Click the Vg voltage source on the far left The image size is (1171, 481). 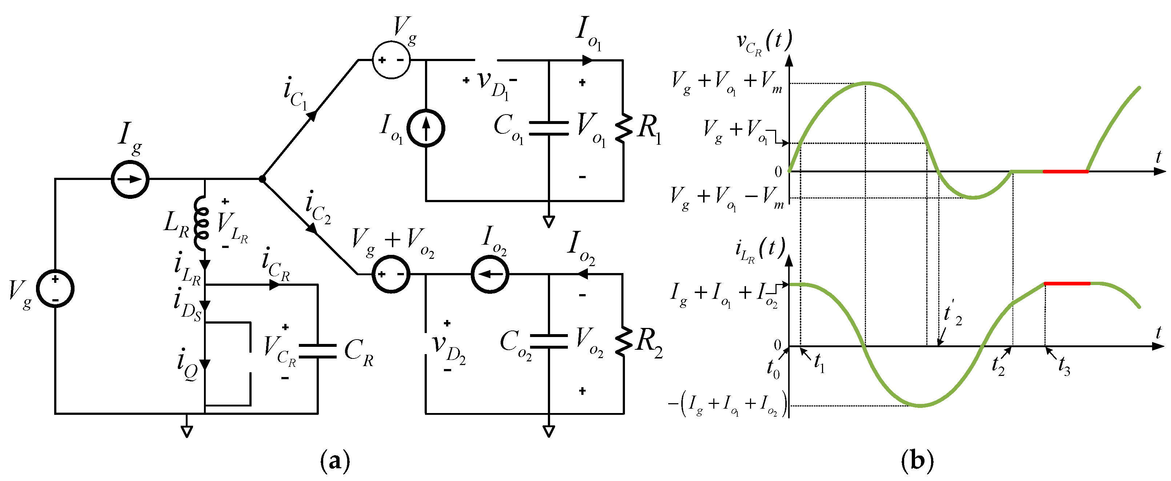click(55, 289)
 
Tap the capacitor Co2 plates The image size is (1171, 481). click(549, 341)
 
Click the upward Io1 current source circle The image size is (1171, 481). click(425, 128)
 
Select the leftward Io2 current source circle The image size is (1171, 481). click(490, 274)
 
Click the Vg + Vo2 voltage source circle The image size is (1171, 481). click(391, 274)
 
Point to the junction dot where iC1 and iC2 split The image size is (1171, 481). click(262, 179)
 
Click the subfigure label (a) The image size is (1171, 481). click(336, 461)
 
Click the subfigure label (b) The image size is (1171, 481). click(917, 461)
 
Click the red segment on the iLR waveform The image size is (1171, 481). click(1067, 283)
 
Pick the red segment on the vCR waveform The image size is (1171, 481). click(1065, 171)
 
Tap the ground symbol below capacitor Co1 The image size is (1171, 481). click(549, 222)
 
